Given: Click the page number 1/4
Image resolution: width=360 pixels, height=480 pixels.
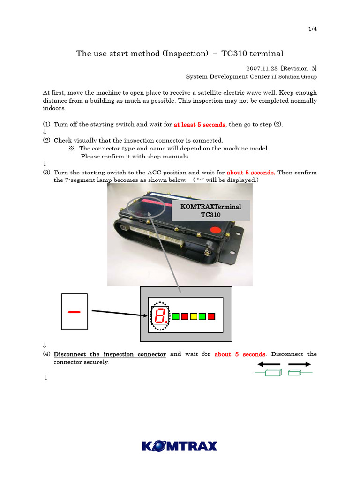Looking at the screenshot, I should click(x=312, y=29).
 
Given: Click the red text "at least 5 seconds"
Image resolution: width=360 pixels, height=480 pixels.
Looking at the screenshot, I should click(x=199, y=125).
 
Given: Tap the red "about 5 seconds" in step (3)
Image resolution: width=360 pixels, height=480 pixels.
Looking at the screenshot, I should click(x=251, y=172).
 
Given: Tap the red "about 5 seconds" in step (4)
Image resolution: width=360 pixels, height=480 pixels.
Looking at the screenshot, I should click(x=240, y=354).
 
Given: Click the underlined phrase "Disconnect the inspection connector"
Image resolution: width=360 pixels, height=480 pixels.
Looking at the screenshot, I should click(x=110, y=354).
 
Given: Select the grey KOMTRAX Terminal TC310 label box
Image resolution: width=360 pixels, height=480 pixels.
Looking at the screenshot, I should click(x=211, y=210).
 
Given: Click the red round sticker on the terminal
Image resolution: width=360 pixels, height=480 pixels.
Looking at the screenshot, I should click(x=215, y=230).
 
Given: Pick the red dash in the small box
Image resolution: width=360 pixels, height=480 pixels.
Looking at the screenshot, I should click(x=74, y=312).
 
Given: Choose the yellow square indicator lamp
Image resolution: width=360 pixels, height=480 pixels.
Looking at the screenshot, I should click(x=194, y=316).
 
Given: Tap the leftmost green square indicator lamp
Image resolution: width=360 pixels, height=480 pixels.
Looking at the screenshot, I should click(x=176, y=316).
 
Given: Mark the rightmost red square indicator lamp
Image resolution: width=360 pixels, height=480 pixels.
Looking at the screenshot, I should click(x=211, y=316).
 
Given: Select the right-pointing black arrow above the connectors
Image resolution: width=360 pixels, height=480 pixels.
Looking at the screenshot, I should click(x=299, y=364).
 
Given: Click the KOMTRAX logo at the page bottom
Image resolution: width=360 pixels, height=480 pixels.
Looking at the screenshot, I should click(x=180, y=445).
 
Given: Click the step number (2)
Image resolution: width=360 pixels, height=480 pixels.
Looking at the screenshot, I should click(x=47, y=141).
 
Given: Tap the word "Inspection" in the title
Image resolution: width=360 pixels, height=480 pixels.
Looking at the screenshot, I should click(x=186, y=53).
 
